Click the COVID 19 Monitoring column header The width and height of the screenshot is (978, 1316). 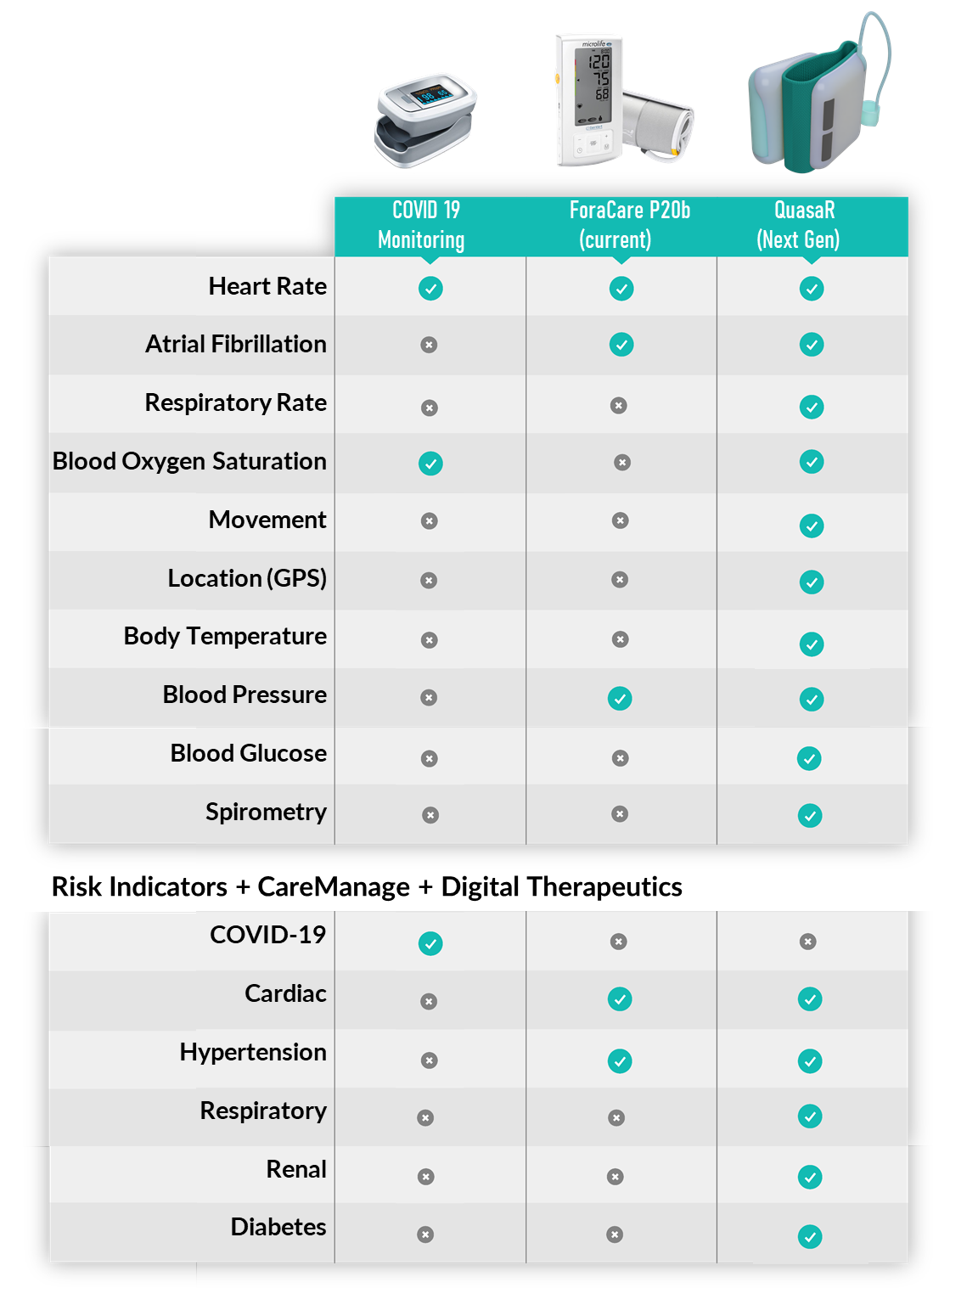(422, 225)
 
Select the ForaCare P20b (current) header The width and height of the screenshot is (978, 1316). (630, 225)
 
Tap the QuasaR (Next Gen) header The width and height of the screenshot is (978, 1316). (798, 225)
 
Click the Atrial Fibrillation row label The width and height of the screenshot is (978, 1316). (236, 344)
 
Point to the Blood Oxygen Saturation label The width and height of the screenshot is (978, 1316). (190, 462)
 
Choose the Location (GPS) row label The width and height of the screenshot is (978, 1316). (247, 578)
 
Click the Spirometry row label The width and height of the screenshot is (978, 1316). (266, 813)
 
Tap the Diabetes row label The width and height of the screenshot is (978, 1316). (278, 1227)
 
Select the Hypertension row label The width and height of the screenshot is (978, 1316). (253, 1053)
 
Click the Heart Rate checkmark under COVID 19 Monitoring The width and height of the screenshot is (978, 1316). (430, 289)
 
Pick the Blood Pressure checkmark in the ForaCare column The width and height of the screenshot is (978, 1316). (620, 699)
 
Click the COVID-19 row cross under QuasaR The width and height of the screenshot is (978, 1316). (807, 942)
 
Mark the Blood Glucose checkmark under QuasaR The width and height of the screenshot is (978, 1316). (809, 758)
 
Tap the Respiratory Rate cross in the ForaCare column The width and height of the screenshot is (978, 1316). (618, 406)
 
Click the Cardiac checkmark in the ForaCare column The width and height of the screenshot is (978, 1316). (620, 999)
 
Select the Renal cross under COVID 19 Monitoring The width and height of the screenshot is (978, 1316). (425, 1177)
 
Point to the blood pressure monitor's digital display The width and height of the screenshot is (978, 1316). (593, 87)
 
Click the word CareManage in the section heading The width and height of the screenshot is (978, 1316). (334, 887)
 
